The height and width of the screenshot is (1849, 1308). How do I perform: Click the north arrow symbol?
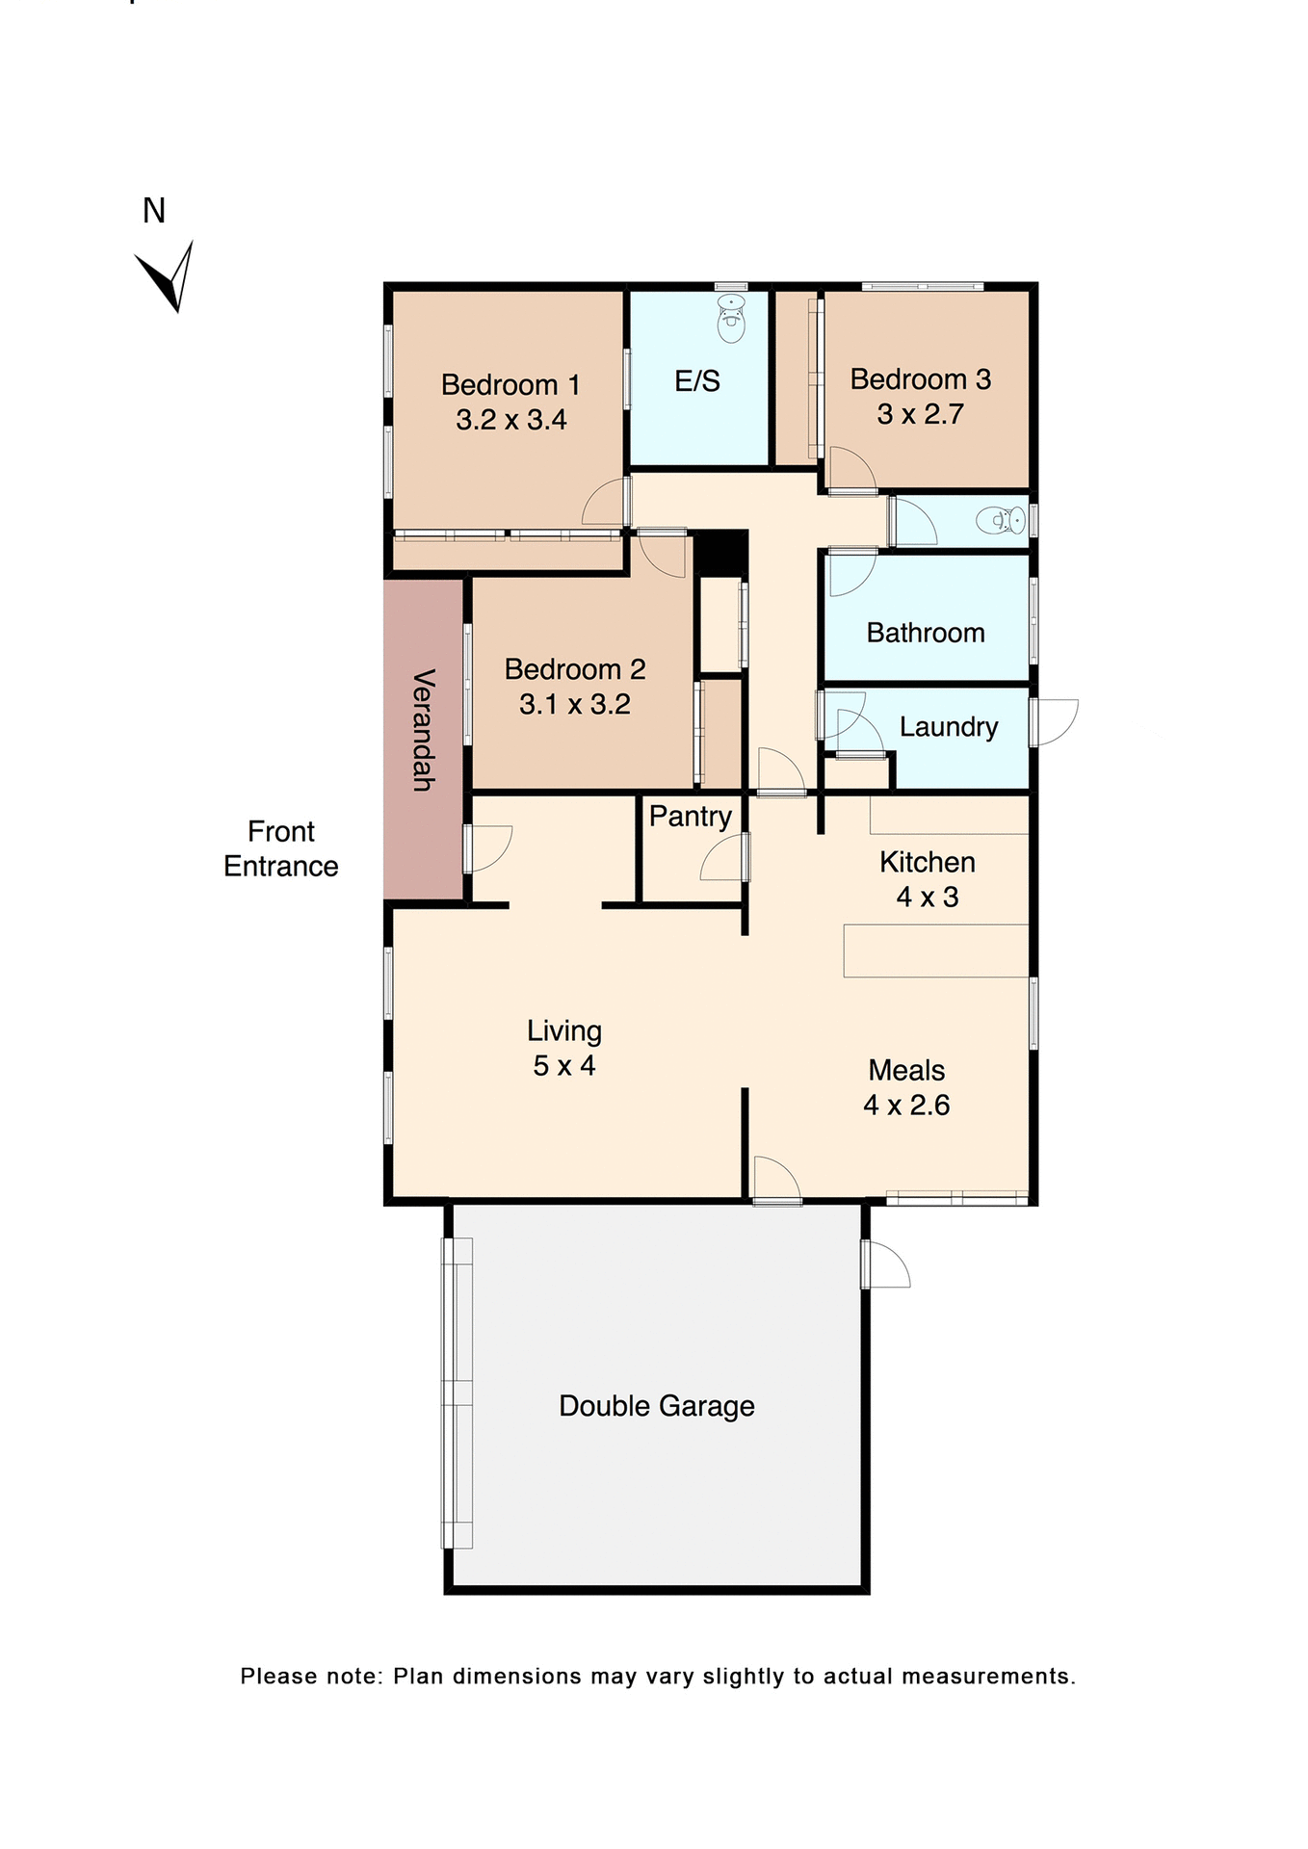coord(170,276)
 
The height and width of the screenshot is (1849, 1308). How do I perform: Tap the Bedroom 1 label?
coord(510,385)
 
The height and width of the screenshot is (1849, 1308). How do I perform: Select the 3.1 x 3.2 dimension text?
coord(574,705)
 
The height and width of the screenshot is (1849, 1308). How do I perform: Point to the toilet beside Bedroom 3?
coord(1002,521)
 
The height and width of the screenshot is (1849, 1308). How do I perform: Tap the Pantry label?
coord(690,817)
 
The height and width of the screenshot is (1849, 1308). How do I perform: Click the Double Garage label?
coord(656,1406)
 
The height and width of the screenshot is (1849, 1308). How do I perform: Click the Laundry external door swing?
coord(1056,722)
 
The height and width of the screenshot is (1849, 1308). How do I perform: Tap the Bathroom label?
coord(925,633)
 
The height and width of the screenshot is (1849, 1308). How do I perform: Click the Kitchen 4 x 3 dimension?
coord(927,898)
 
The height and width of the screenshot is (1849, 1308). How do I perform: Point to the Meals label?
coord(906,1071)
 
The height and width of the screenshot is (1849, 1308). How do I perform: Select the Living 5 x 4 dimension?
coord(563,1066)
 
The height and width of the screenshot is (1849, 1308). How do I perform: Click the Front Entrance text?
coord(280,848)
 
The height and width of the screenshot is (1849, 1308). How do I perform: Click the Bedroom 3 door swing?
coord(851,471)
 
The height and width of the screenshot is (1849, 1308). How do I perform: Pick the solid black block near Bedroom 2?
coord(720,553)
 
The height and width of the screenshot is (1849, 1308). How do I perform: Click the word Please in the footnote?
coord(278,1677)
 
